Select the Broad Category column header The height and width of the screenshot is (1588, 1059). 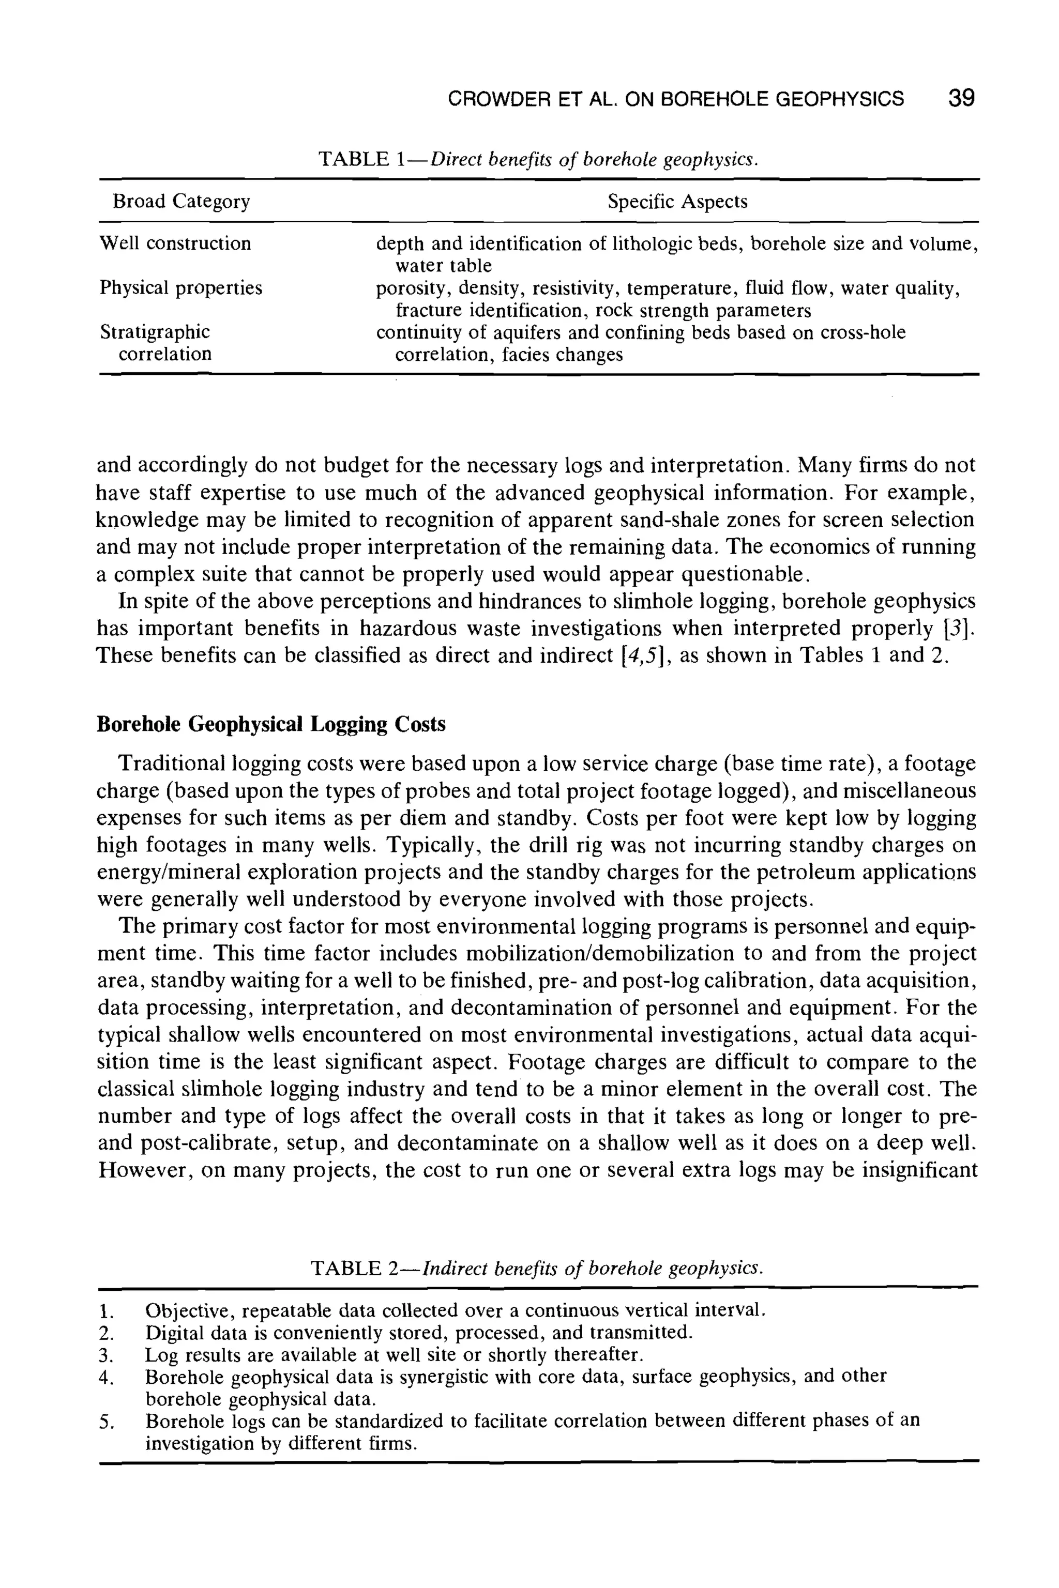(181, 202)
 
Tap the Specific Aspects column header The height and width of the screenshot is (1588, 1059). (677, 202)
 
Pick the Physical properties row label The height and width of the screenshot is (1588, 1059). (180, 288)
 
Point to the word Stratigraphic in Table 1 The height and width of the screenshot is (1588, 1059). (155, 332)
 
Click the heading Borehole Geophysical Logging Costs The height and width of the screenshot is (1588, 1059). (271, 724)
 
